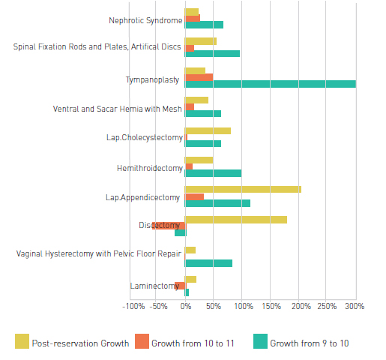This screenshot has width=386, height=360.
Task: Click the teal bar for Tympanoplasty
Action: [271, 84]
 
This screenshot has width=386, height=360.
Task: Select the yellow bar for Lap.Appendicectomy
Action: [243, 190]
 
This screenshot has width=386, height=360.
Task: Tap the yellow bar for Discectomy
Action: [236, 220]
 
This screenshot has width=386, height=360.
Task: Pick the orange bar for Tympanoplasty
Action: [199, 77]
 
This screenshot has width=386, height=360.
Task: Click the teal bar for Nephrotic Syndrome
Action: [204, 25]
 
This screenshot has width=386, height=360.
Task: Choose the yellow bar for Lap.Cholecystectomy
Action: [208, 130]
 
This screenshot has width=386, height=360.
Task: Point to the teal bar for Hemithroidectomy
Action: [213, 173]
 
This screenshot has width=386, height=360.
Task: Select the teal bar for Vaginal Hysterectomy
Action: [208, 263]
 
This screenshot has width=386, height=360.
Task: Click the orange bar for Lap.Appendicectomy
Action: [194, 197]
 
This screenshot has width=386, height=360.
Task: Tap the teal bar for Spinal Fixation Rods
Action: [212, 54]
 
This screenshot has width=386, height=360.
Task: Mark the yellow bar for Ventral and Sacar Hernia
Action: [196, 100]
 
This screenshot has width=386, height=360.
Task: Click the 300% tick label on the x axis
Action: [355, 306]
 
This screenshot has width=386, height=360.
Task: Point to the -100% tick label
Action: [133, 306]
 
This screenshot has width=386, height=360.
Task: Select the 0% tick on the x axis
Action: [186, 306]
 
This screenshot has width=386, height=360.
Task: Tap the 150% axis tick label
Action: [271, 306]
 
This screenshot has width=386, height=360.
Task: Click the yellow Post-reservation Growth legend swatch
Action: [22, 341]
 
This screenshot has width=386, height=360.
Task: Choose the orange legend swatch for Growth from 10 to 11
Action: [142, 341]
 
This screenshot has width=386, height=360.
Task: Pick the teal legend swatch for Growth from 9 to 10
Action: [260, 341]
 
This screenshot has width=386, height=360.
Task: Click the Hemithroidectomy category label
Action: [150, 169]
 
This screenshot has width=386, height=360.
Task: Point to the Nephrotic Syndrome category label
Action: [145, 20]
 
